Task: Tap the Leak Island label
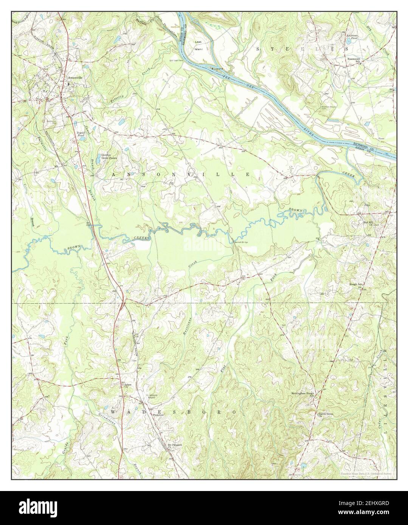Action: click(x=199, y=45)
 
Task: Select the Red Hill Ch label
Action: click(x=368, y=224)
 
